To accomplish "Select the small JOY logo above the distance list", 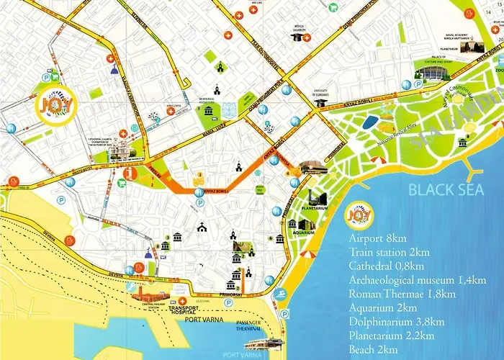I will [x=359, y=215].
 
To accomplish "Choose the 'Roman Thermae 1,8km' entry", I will [x=402, y=294].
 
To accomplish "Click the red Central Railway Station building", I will [x=148, y=294].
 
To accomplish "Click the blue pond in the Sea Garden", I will [x=370, y=122].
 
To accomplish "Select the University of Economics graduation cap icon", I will [x=318, y=103].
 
